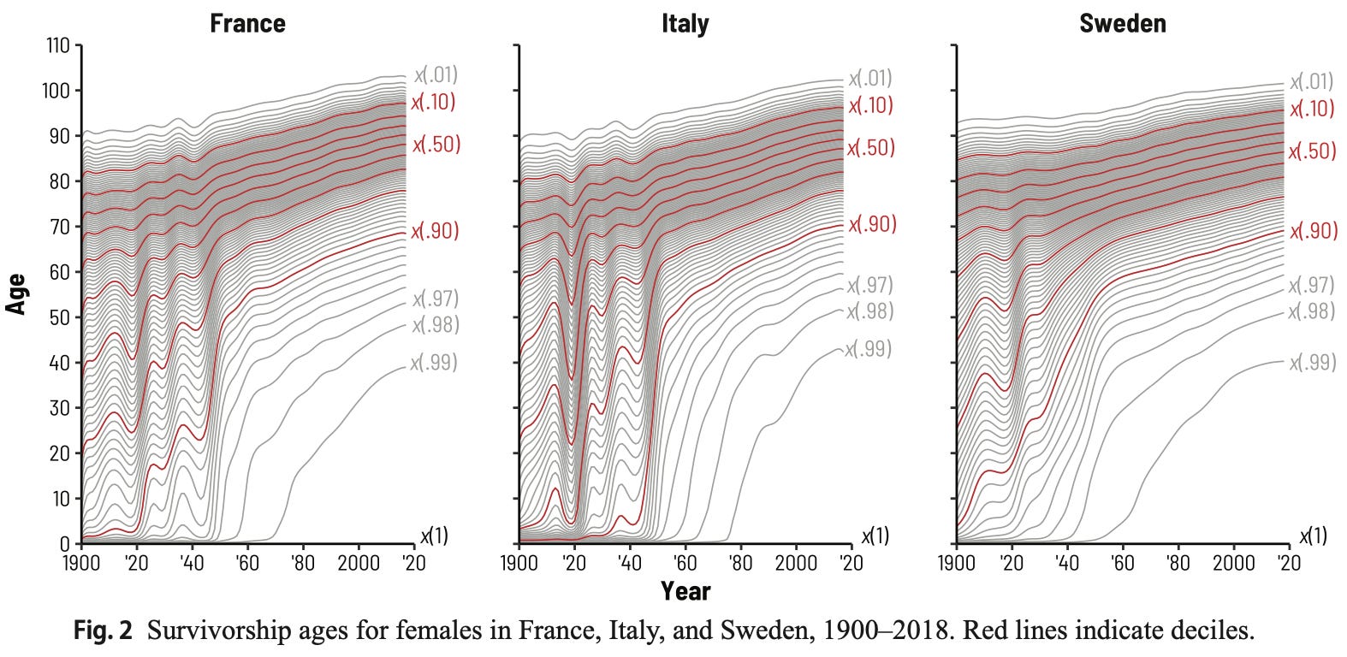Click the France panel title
pos(247,23)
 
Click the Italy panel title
pos(685,23)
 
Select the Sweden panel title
pos(1122,23)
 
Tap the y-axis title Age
pos(16,293)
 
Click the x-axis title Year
pos(685,590)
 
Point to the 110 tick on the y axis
pos(57,45)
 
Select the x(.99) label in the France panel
pos(434,363)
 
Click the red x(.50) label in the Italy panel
pos(870,148)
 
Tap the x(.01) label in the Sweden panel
pos(1311,82)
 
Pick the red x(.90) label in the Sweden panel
pos(1313,231)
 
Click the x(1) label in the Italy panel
pos(875,536)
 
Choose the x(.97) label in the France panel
pos(436,299)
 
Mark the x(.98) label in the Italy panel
pos(869,311)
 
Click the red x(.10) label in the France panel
pos(433,103)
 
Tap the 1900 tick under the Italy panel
pos(519,563)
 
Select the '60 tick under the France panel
pos(247,563)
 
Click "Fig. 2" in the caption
pos(103,631)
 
